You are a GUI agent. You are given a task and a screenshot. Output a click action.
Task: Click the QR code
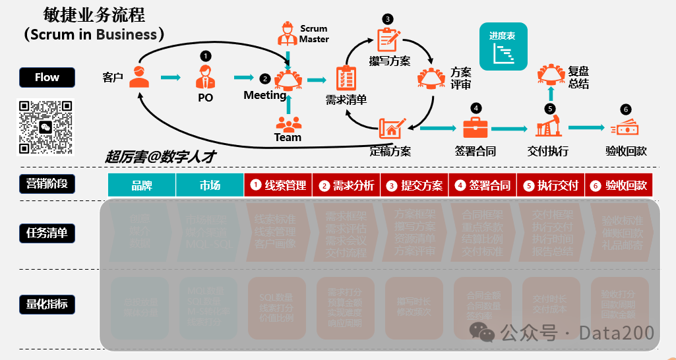pos(45,127)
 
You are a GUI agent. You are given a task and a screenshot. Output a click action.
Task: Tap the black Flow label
pos(47,78)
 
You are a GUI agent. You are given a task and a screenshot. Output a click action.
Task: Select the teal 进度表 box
pos(502,47)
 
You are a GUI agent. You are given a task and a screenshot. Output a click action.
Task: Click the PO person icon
pos(205,77)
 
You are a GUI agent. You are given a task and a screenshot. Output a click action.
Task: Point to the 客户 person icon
pos(139,77)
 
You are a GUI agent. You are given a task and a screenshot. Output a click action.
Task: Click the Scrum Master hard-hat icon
pos(288,33)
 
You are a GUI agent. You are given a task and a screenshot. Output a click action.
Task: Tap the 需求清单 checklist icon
pos(346,78)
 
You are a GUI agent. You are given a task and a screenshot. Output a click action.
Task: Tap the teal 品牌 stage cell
pos(142,185)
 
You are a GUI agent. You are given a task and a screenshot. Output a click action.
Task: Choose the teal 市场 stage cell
pos(210,185)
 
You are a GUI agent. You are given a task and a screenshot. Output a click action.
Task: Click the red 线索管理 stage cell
pos(278,185)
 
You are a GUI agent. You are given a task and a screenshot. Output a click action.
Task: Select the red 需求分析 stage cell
pos(346,185)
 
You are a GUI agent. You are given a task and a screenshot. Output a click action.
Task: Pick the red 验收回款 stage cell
pos(619,185)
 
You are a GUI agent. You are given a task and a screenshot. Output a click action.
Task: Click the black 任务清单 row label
pos(47,233)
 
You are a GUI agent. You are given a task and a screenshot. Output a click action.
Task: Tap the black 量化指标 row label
pos(47,304)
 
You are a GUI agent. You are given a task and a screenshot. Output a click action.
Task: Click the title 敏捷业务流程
pos(94,14)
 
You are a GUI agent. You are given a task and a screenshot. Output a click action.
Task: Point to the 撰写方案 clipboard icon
pos(388,39)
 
